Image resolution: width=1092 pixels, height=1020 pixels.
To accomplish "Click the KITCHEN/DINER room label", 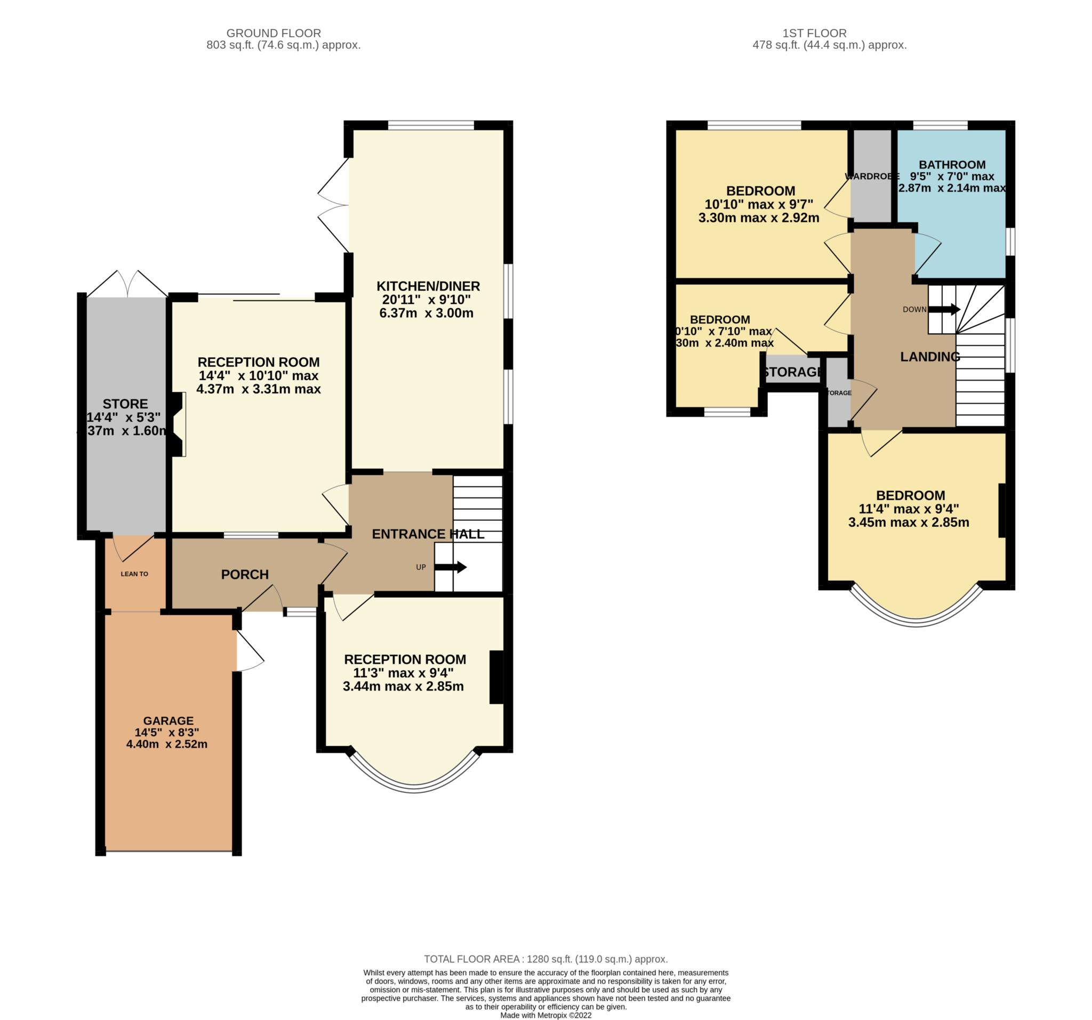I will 428,286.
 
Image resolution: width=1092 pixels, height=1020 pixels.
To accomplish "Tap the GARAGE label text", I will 168,721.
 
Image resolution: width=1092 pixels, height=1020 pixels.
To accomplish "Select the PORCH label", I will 244,575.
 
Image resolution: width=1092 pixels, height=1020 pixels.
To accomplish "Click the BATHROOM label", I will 952,164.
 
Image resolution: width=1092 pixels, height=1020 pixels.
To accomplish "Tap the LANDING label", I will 930,357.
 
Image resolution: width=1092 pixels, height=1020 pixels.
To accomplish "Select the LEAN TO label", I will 134,574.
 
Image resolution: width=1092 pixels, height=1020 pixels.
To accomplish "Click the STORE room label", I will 125,404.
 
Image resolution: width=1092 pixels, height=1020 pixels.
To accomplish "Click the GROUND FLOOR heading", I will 274,33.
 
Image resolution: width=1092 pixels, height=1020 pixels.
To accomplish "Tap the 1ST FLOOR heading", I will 815,33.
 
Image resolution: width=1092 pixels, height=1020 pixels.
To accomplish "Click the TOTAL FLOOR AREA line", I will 545,959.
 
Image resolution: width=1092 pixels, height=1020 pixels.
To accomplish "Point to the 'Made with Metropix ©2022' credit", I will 545,1016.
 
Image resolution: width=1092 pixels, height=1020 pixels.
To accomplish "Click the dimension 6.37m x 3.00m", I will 426,314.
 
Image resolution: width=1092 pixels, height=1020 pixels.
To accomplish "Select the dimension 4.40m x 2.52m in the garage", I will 166,744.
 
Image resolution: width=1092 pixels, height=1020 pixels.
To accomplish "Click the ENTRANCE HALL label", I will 428,534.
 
